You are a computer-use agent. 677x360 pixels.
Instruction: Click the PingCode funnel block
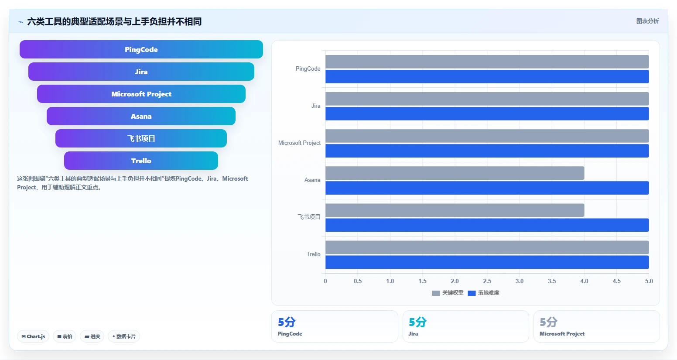click(141, 49)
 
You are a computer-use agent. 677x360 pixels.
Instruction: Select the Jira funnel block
click(141, 72)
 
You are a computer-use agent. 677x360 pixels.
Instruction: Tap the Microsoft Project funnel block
click(141, 94)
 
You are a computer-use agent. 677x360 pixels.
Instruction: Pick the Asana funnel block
click(141, 116)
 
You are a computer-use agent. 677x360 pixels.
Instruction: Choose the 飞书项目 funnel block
click(141, 138)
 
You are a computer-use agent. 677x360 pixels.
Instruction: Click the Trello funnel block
click(141, 161)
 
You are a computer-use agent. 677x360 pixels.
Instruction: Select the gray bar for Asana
click(455, 173)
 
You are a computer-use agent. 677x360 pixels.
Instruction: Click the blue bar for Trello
click(487, 262)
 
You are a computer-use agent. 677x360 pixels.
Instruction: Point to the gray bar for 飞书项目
click(455, 210)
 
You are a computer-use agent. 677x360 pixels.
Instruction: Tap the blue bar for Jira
click(487, 113)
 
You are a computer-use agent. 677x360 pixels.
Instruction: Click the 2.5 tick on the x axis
click(487, 281)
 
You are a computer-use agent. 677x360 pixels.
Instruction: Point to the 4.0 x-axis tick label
click(584, 281)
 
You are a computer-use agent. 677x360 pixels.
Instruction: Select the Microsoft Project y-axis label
click(299, 143)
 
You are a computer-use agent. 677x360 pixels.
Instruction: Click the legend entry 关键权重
click(448, 293)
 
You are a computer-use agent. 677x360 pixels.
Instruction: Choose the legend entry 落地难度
click(484, 293)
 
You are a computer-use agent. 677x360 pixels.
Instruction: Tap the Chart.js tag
click(33, 336)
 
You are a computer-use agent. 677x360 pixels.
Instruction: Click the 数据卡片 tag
click(124, 336)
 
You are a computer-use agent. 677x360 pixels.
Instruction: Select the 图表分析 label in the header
click(647, 21)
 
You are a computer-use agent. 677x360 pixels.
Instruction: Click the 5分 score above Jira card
click(417, 322)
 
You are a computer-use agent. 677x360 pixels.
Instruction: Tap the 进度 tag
click(92, 336)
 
